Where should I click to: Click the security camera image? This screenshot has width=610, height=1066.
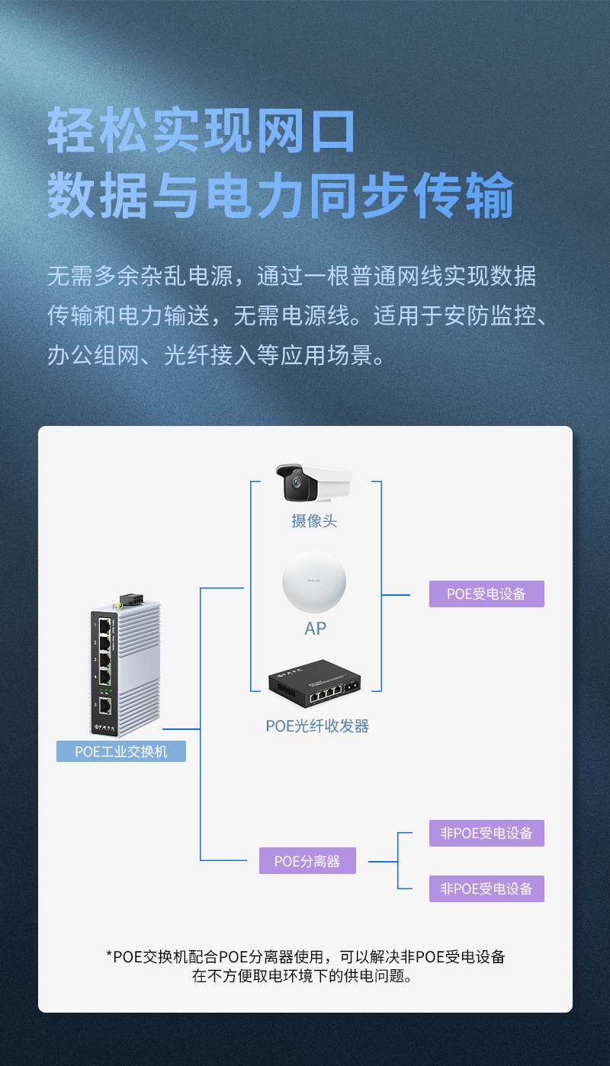coord(314,482)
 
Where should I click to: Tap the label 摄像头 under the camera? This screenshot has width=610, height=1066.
coord(314,521)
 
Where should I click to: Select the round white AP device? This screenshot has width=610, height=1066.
coord(314,581)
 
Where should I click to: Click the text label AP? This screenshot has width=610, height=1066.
coord(315,629)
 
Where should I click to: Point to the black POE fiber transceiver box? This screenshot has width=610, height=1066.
coord(315,683)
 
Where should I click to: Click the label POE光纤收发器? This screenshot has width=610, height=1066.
coord(317,725)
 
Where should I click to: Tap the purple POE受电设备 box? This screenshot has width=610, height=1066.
coord(486,594)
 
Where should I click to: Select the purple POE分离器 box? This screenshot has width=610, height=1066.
coord(307,860)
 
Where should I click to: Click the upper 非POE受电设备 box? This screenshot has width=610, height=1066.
coord(486,833)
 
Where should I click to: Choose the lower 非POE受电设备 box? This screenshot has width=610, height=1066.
coord(486,888)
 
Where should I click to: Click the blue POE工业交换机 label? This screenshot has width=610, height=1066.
coord(121,751)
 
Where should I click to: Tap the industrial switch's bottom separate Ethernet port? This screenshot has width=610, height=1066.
coord(105,706)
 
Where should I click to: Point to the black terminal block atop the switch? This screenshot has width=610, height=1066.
coord(133,599)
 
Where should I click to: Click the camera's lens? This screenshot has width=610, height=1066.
coord(297,482)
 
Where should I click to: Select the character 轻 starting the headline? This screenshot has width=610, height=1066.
coord(72,130)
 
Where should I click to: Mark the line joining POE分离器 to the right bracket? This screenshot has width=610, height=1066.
coord(383,861)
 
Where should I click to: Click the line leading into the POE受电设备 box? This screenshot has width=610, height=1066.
coord(396,595)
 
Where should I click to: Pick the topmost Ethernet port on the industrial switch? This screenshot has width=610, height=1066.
coord(104,627)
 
